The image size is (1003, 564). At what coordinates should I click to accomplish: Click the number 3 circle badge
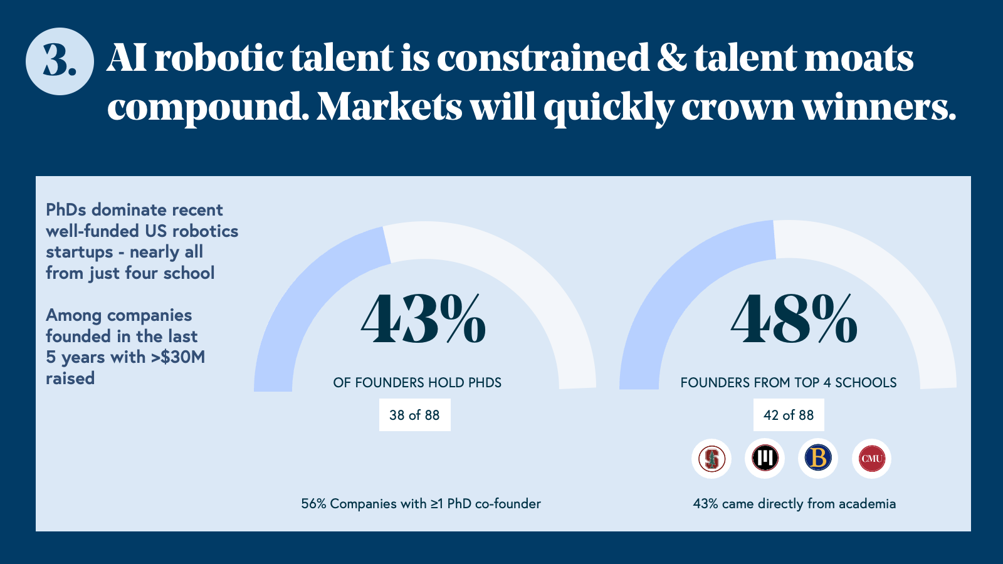pos(60,61)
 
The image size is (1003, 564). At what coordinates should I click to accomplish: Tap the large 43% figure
pos(423,319)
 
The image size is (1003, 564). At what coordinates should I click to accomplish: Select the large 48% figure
pos(794,319)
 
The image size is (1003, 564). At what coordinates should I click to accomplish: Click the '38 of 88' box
pos(414,415)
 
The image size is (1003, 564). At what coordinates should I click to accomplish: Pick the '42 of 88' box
pos(789,415)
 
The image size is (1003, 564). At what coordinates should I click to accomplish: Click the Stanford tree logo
pos(712,458)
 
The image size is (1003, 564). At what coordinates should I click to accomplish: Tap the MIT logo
pos(765,458)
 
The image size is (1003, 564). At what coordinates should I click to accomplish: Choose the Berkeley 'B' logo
pos(818,458)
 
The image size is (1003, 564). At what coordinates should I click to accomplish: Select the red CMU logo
pos(872,458)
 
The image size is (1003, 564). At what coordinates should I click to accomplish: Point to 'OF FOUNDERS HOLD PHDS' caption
pos(417,383)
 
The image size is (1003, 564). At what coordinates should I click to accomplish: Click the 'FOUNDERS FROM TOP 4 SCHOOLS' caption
pos(789,383)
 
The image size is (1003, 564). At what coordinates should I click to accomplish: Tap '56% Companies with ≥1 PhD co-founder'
pos(421,504)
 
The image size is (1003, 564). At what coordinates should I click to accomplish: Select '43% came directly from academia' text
pos(794,504)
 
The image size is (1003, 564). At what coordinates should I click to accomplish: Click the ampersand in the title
pos(672,58)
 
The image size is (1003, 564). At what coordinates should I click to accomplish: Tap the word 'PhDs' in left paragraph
pos(66,209)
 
